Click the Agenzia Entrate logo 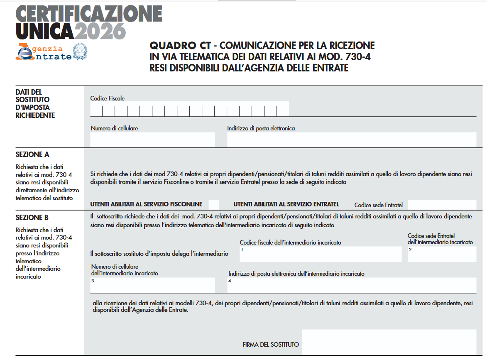click(43, 52)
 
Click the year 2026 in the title click(100, 31)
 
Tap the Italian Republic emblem click(80, 51)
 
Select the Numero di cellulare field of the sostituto click(152, 140)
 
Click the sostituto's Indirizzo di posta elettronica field click(351, 140)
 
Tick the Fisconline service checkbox click(214, 204)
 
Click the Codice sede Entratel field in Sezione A click(442, 204)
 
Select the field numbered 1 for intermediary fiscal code click(321, 254)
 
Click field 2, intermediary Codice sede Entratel click(442, 254)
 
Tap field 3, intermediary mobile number click(152, 285)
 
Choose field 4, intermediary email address click(351, 285)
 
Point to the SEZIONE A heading click(32, 154)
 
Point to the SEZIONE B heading click(32, 218)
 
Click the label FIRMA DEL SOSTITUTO click(271, 345)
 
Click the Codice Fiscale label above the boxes click(108, 98)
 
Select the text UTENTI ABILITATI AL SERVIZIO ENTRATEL click(286, 204)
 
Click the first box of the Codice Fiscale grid click(96, 110)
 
